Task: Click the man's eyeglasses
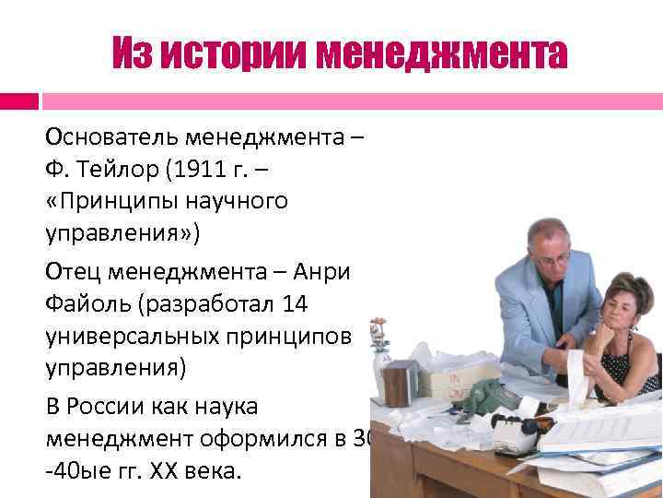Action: (x=551, y=259)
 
